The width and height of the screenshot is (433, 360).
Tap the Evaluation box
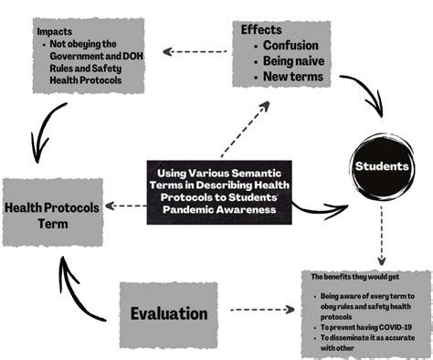tap(169, 313)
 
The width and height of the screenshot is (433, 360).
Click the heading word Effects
tap(261, 28)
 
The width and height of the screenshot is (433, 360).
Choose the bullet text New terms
tap(293, 77)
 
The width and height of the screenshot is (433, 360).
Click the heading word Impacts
tap(54, 30)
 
